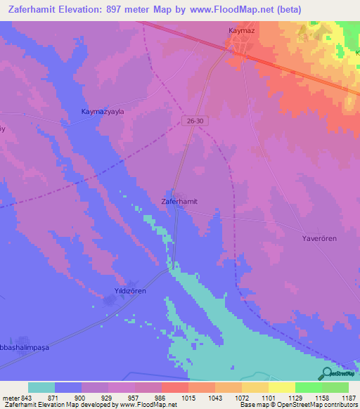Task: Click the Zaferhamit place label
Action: click(x=174, y=201)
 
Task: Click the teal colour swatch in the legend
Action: click(x=41, y=387)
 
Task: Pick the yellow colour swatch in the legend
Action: click(x=281, y=387)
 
